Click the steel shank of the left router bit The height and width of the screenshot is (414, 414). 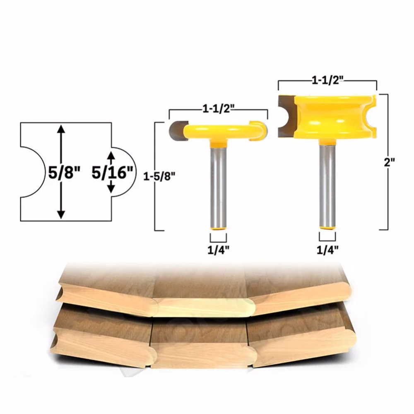tap(218, 186)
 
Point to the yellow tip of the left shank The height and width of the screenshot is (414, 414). tap(218, 229)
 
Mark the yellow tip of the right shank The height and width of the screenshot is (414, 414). tap(327, 228)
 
